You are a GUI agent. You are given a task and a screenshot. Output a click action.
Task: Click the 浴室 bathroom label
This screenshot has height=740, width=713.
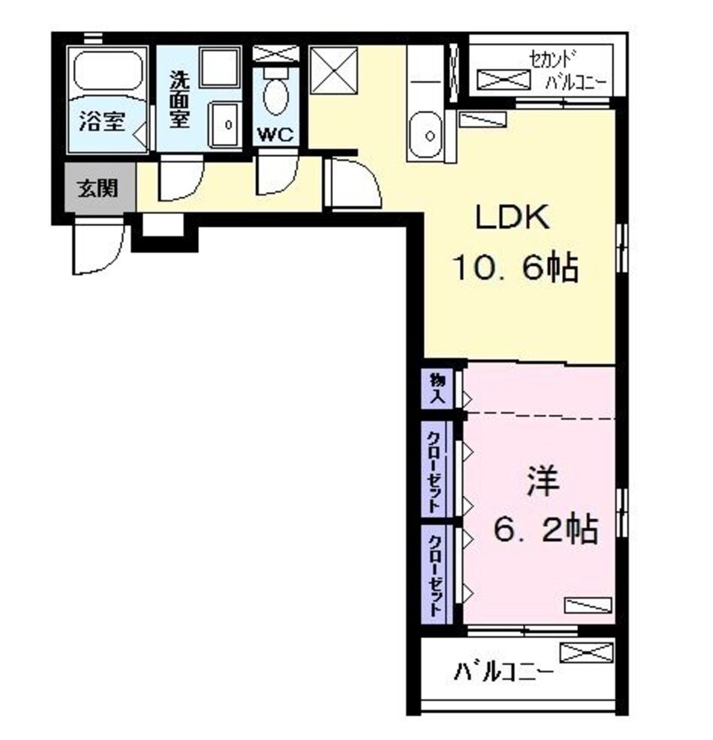click(102, 121)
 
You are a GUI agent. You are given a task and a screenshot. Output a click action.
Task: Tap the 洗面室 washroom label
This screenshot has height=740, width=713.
click(180, 99)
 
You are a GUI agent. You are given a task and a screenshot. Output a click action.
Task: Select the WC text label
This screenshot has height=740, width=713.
click(276, 135)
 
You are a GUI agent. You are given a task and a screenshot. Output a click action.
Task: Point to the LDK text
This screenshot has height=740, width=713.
click(512, 217)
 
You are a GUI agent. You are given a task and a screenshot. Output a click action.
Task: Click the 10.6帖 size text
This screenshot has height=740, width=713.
click(515, 267)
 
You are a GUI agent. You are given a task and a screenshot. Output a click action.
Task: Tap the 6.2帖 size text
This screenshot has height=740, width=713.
click(546, 528)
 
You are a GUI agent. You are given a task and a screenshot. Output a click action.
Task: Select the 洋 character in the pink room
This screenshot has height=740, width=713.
click(544, 481)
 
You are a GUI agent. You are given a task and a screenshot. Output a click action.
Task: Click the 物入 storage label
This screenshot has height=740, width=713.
click(437, 388)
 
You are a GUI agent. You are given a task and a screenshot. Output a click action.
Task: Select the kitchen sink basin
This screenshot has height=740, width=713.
click(426, 135)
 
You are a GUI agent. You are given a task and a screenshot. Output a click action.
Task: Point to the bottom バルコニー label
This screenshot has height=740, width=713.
click(503, 671)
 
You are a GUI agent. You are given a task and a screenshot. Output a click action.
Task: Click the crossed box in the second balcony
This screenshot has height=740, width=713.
click(503, 79)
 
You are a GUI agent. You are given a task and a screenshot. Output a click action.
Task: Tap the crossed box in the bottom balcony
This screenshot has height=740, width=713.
click(587, 652)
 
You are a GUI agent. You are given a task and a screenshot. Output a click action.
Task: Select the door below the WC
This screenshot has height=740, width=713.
click(277, 174)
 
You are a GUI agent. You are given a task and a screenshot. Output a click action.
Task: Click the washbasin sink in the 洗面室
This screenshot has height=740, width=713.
click(225, 124)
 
